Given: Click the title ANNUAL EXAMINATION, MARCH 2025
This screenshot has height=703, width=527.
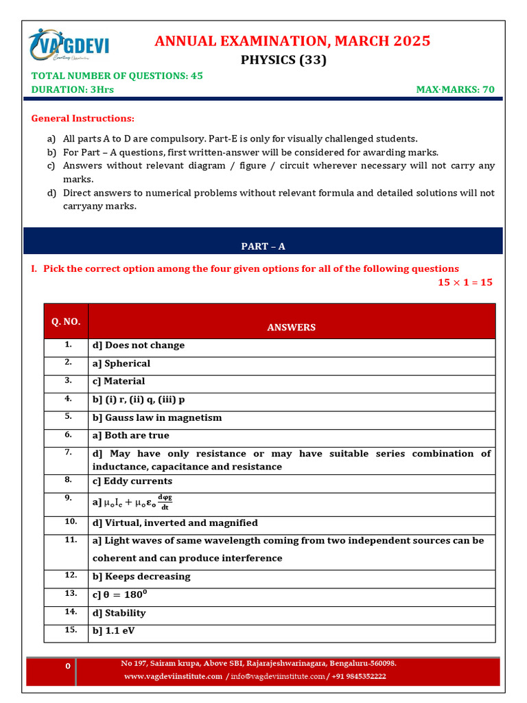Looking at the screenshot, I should (x=292, y=41).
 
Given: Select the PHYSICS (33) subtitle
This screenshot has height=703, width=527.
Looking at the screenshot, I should (x=283, y=60).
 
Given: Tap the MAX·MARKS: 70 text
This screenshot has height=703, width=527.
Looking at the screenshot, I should (x=455, y=89).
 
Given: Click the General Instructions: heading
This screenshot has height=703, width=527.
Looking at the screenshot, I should (x=83, y=118).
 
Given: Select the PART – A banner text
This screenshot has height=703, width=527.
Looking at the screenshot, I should (x=263, y=246).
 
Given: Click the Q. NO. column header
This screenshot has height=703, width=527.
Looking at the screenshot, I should (x=66, y=321).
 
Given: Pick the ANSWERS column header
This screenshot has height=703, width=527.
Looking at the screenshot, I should (x=291, y=327).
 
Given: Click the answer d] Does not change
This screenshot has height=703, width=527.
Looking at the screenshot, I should (x=138, y=345).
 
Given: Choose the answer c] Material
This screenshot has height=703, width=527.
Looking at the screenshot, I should (x=118, y=381).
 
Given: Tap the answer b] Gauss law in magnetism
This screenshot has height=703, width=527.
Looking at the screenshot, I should (x=156, y=417).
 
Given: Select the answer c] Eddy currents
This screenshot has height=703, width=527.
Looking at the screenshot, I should (x=132, y=481).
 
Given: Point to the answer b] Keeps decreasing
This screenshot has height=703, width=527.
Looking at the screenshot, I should (x=141, y=577).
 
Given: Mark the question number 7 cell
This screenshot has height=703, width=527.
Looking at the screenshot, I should (x=68, y=453).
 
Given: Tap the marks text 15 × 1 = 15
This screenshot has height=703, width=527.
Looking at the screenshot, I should (x=465, y=282).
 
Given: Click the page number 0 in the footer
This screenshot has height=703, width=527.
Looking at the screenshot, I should (x=67, y=667).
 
